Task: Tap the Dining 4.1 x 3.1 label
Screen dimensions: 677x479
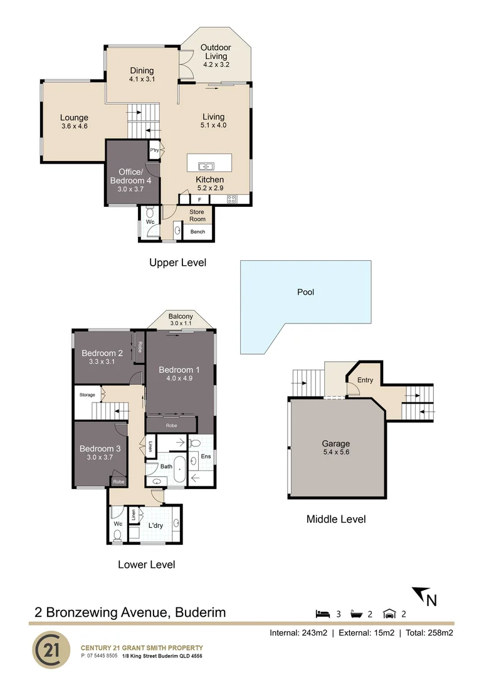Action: point(142,75)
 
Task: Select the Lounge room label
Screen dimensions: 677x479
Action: point(74,122)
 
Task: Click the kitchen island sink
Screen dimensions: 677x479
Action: point(206,166)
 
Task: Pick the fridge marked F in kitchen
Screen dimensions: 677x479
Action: point(200,200)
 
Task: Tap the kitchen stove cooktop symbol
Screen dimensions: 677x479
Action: point(231,200)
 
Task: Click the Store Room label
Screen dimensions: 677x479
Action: point(197,215)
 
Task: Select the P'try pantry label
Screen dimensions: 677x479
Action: point(154,150)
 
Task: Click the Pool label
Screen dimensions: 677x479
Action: point(306,292)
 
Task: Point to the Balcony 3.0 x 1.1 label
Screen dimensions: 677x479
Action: point(181,319)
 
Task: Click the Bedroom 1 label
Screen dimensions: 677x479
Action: point(179,373)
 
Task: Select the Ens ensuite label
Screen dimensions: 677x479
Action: point(206,456)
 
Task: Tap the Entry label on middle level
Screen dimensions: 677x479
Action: point(365,380)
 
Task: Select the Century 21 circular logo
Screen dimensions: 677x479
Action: point(51,649)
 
